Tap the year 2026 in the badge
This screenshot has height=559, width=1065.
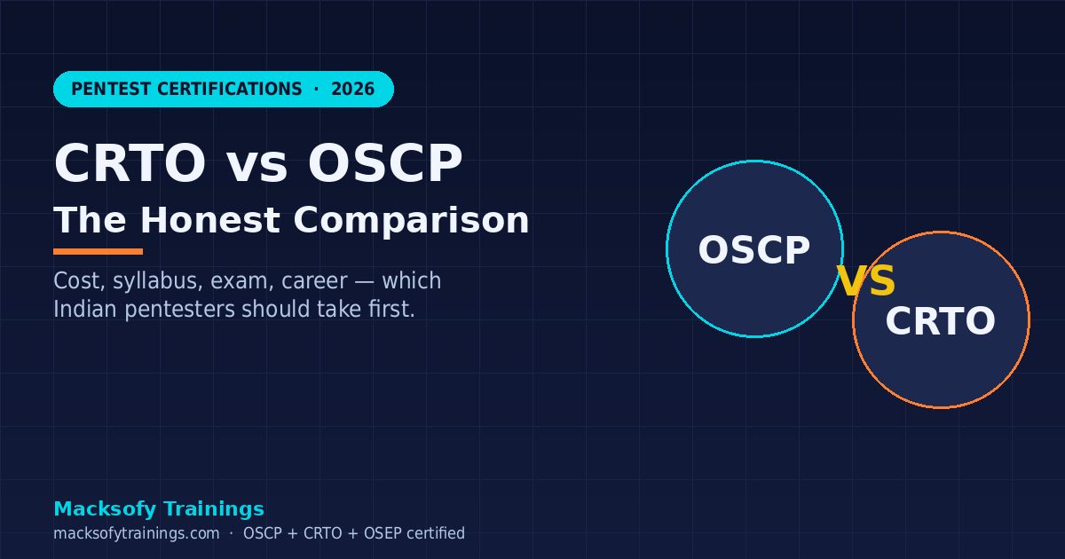(x=352, y=90)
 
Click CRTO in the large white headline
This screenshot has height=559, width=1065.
(x=130, y=164)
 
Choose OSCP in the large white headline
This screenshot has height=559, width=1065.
(x=385, y=164)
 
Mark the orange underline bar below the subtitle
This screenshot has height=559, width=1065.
(x=98, y=251)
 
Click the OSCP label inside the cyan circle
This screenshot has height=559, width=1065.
(x=753, y=250)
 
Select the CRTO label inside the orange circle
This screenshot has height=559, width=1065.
(x=940, y=321)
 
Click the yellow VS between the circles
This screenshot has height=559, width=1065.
(x=866, y=281)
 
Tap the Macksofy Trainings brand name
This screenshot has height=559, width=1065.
(x=159, y=509)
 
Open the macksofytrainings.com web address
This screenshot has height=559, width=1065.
(x=136, y=533)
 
